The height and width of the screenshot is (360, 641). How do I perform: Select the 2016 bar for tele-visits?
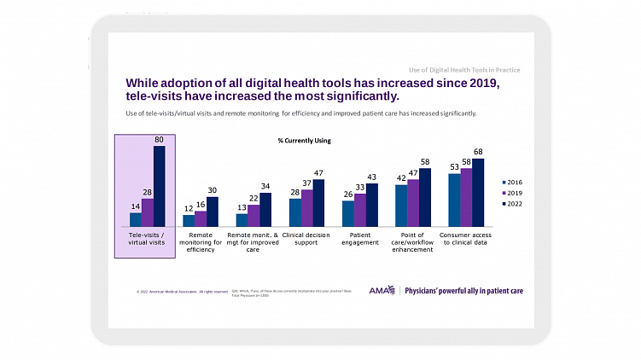point(135,219)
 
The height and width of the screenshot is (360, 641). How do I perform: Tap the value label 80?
point(159,140)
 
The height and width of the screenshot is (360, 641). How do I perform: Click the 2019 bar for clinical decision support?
point(306,207)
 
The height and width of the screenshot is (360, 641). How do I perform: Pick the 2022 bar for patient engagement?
point(371,205)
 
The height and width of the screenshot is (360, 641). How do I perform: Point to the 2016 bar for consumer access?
point(454,200)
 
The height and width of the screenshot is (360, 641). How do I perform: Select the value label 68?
point(478,152)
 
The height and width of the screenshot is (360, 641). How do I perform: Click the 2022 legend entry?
point(512,205)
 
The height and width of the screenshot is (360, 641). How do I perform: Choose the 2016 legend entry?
point(512,183)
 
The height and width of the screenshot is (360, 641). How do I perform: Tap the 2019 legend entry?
point(512,194)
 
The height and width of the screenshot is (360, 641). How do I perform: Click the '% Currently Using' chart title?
point(304,140)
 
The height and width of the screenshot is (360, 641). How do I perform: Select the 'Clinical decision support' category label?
point(306,238)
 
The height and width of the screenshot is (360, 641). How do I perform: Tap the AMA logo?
point(381,290)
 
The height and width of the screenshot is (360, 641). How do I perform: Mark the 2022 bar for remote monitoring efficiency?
point(213,211)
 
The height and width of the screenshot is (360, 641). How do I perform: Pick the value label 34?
point(265,186)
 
